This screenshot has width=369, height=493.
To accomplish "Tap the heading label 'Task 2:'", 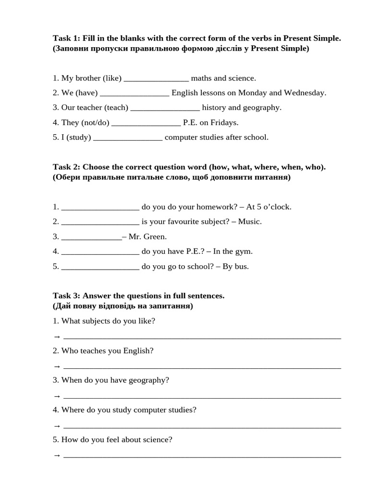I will point(67,167).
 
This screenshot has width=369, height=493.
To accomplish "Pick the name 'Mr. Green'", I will point(148,237).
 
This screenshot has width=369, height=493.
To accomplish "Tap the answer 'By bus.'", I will point(235,266).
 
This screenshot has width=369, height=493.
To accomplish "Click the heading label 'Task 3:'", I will point(67,296).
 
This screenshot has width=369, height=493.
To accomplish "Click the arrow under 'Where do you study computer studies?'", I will point(57,426).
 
